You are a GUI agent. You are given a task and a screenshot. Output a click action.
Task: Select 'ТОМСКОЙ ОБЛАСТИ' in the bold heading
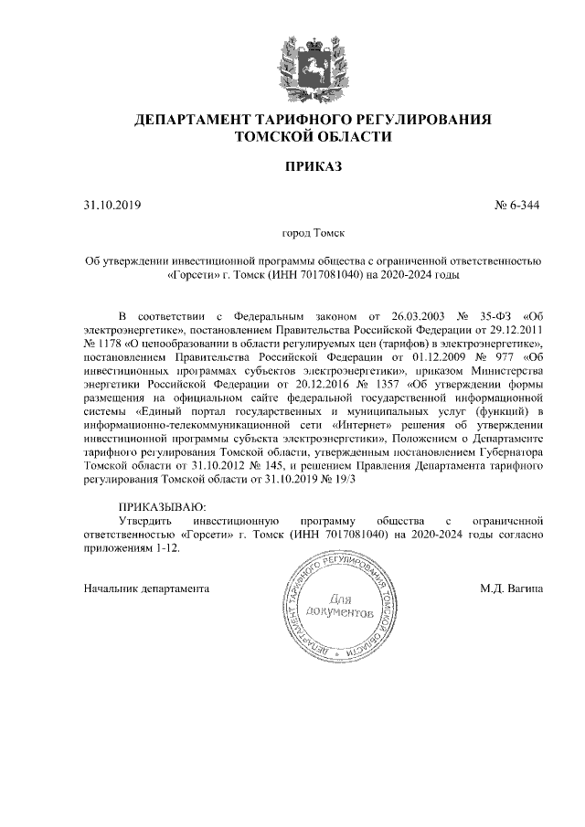pyautogui.click(x=314, y=137)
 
